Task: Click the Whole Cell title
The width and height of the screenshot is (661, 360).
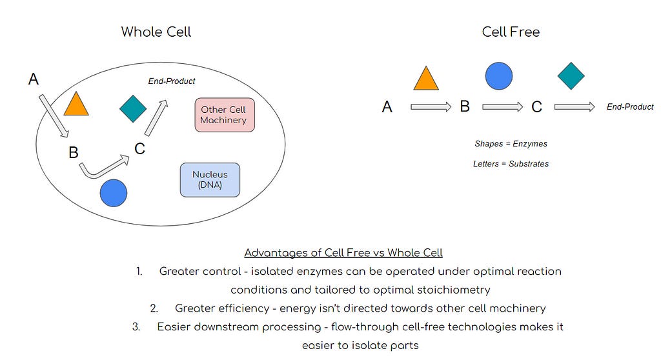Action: (156, 32)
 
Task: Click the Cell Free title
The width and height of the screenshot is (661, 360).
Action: (511, 32)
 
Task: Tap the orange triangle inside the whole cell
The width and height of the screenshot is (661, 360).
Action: (76, 104)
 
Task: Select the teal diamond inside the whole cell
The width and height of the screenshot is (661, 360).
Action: (133, 108)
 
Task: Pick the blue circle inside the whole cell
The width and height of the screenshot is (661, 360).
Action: (114, 193)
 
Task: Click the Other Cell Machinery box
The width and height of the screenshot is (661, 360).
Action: (223, 115)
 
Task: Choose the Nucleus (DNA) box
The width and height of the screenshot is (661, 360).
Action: (210, 179)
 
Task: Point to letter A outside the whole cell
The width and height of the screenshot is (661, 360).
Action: (34, 79)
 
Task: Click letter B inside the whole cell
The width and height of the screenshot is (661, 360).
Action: (73, 153)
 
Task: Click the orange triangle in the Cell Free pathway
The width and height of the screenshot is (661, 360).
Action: (426, 78)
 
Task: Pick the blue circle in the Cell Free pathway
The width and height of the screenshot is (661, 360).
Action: (498, 75)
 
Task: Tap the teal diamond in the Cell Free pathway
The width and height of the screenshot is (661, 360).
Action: (571, 75)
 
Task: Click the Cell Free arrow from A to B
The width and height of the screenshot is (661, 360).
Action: (431, 107)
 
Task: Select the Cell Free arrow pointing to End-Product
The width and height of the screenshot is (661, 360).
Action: (574, 107)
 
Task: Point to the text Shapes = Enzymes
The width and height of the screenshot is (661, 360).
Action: (511, 144)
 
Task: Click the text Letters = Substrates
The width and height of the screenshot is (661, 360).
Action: (511, 164)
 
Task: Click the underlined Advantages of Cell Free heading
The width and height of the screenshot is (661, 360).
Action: (343, 252)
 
